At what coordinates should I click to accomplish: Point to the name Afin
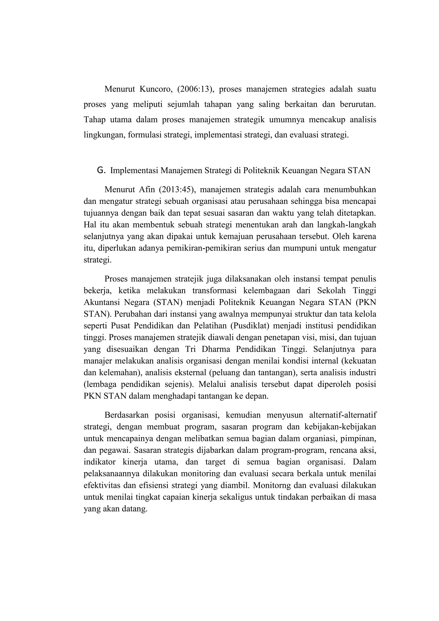point(147,190)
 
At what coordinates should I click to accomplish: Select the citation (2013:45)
point(177,190)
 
